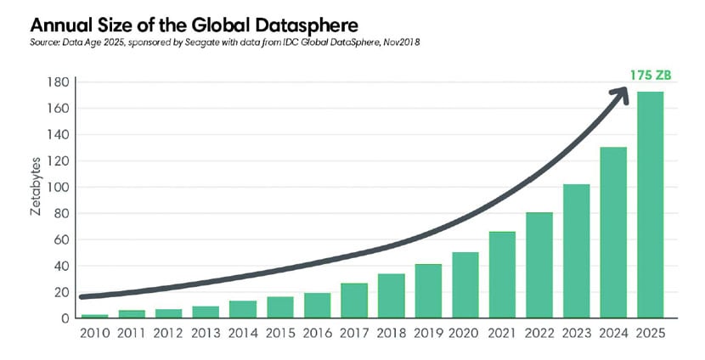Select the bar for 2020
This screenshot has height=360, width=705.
[x=465, y=285]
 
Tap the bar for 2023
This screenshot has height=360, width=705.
[x=576, y=251]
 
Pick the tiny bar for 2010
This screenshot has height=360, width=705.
[x=94, y=316]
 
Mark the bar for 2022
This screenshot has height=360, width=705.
[x=539, y=265]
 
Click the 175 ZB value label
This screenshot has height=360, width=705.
[x=651, y=76]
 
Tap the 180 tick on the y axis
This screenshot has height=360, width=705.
[x=57, y=82]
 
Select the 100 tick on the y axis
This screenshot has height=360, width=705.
[x=57, y=187]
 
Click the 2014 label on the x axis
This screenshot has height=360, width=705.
[x=242, y=333]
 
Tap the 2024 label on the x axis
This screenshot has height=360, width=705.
[x=612, y=333]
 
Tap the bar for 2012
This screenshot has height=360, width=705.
[x=168, y=313]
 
